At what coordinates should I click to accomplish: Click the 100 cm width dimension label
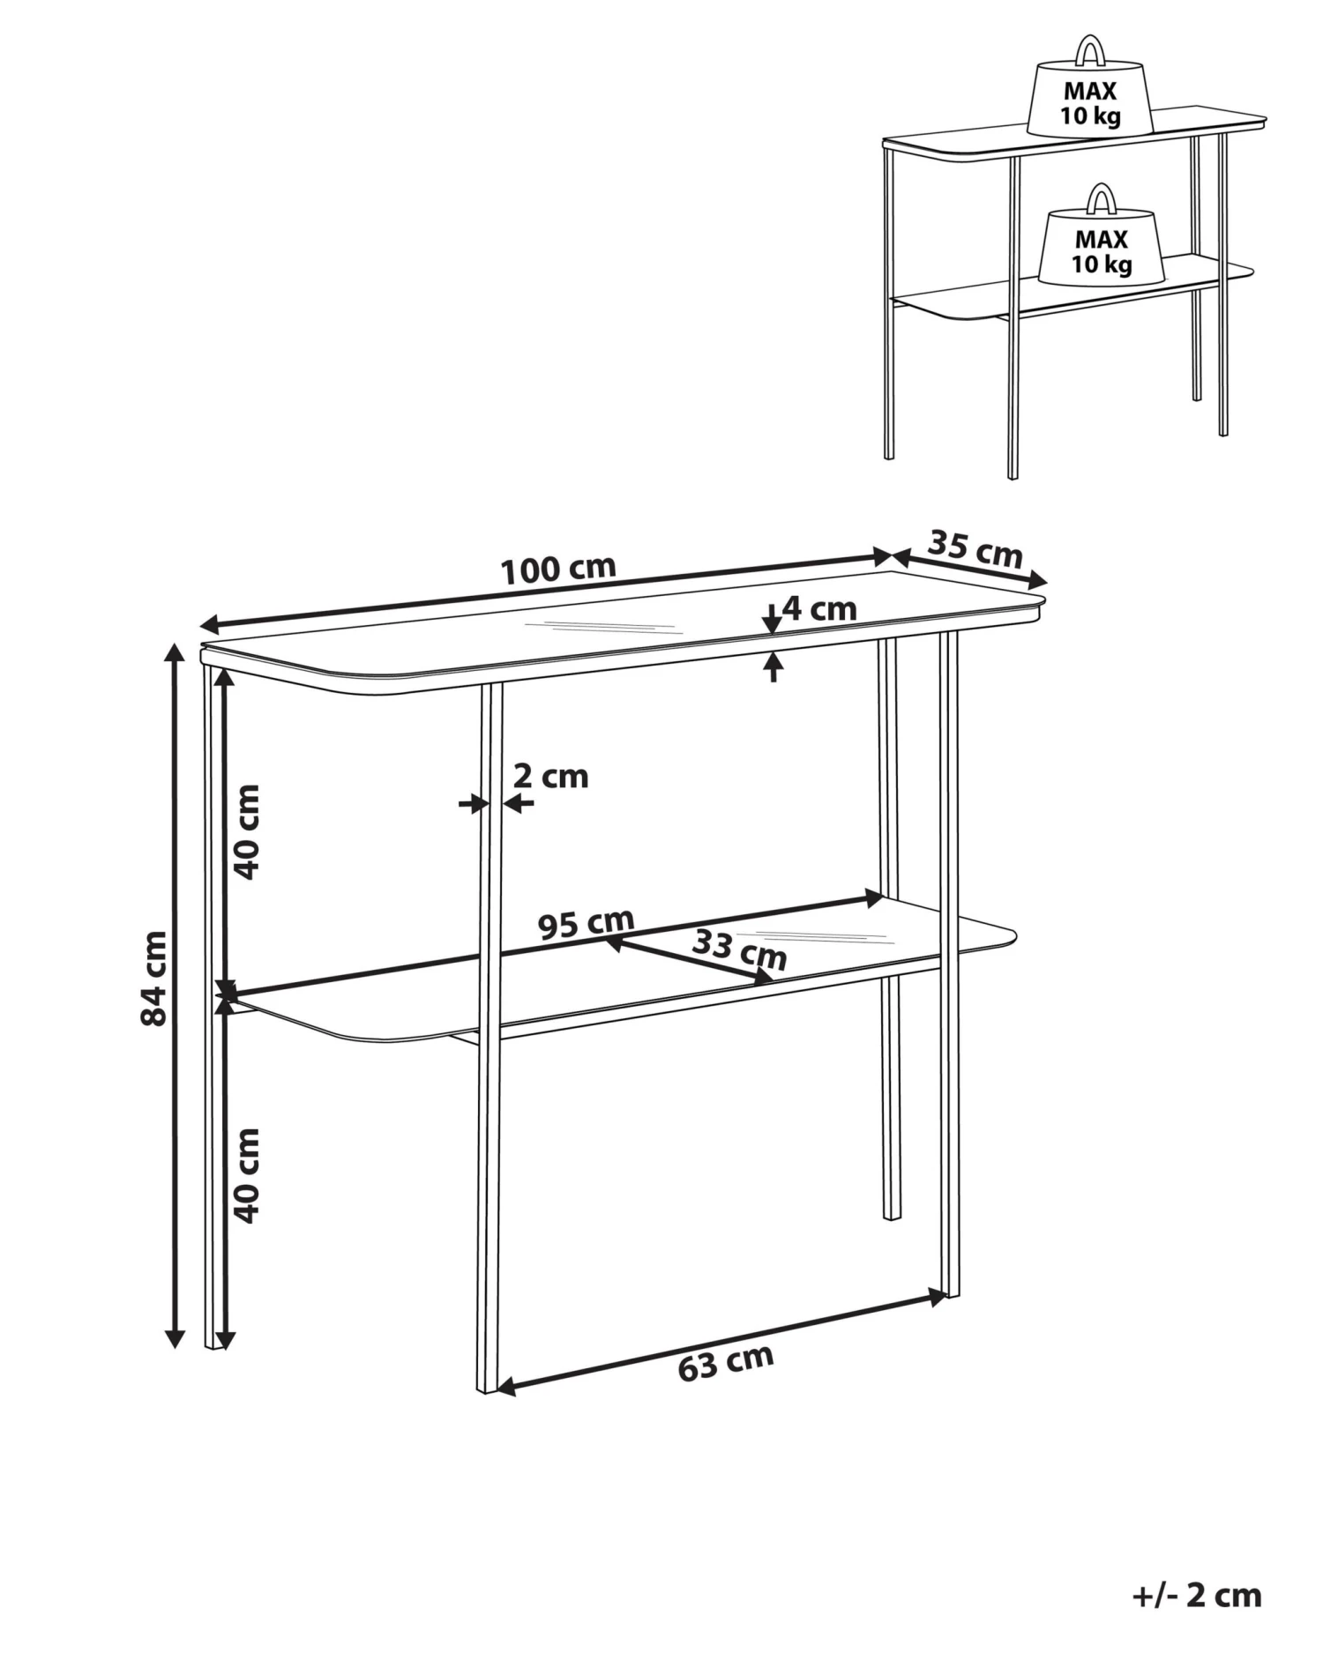point(558,570)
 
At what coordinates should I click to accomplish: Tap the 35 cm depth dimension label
point(975,548)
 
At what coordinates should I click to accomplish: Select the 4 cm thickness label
point(819,608)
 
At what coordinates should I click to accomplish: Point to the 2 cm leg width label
point(550,776)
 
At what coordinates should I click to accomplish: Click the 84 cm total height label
point(153,978)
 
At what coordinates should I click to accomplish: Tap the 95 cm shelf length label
point(587,923)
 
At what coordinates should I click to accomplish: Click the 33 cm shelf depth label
point(739,950)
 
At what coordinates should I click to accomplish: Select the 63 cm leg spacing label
point(726,1362)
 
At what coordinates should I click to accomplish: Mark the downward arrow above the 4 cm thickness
point(773,620)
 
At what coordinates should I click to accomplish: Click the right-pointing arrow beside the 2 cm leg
point(474,803)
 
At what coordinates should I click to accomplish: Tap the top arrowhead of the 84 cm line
point(176,653)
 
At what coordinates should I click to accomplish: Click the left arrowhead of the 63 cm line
point(505,1387)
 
